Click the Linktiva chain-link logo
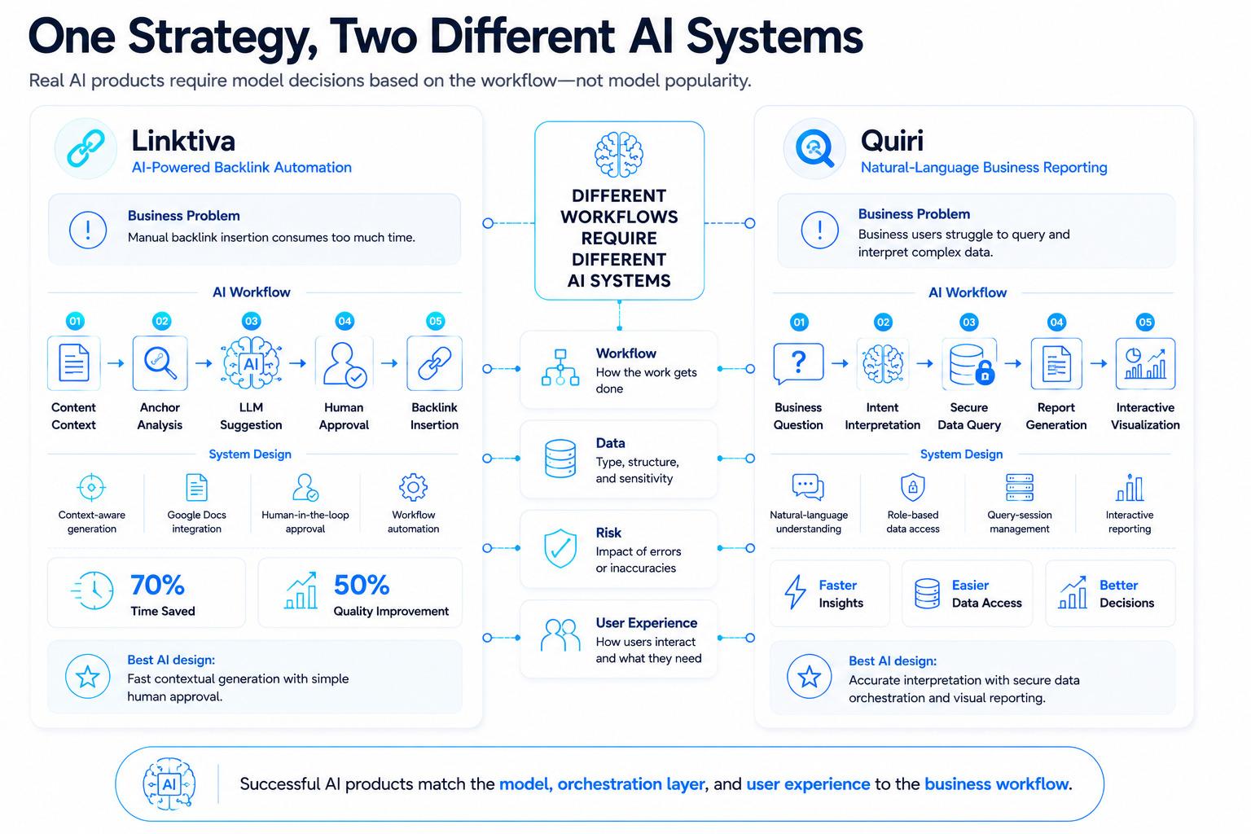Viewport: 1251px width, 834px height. [x=86, y=148]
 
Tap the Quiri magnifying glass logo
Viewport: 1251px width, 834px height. [x=814, y=148]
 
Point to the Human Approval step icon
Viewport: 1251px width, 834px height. [x=344, y=363]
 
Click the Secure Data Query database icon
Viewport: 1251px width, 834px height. [x=969, y=364]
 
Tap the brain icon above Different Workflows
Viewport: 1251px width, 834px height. [x=619, y=155]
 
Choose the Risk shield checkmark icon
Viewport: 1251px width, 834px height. [x=560, y=549]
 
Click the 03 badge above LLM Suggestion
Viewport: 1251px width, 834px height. [x=252, y=321]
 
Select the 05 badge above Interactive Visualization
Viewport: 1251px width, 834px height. [x=1145, y=323]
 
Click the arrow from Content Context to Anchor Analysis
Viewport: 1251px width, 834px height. [x=116, y=363]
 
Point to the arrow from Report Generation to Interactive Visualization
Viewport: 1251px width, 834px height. [x=1099, y=363]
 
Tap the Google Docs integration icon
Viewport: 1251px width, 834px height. [x=196, y=487]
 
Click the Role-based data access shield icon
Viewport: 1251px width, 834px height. [x=912, y=487]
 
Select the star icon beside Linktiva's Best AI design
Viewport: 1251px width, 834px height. [x=88, y=677]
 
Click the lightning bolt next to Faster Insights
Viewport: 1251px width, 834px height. [x=795, y=591]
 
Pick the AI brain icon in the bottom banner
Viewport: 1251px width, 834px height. [x=169, y=784]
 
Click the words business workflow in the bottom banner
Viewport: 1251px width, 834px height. [x=997, y=784]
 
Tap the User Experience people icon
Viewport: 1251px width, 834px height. [x=560, y=636]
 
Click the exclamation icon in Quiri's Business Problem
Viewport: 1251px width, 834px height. [x=820, y=230]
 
